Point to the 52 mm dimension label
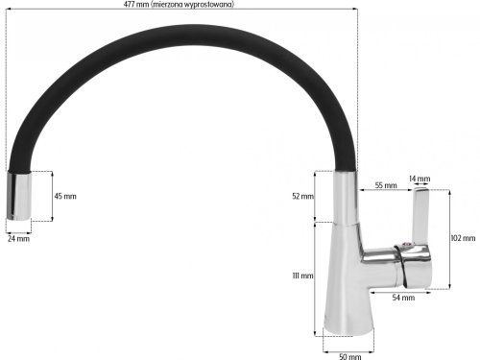tap(301, 196)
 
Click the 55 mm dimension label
tap(385, 183)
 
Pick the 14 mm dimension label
tap(420, 179)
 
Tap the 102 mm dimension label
tap(463, 237)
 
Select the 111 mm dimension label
tap(301, 276)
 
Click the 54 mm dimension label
tap(404, 298)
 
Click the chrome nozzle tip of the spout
tap(19, 196)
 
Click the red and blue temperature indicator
tap(407, 247)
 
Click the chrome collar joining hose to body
tap(343, 197)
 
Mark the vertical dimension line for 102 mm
tap(447, 237)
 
